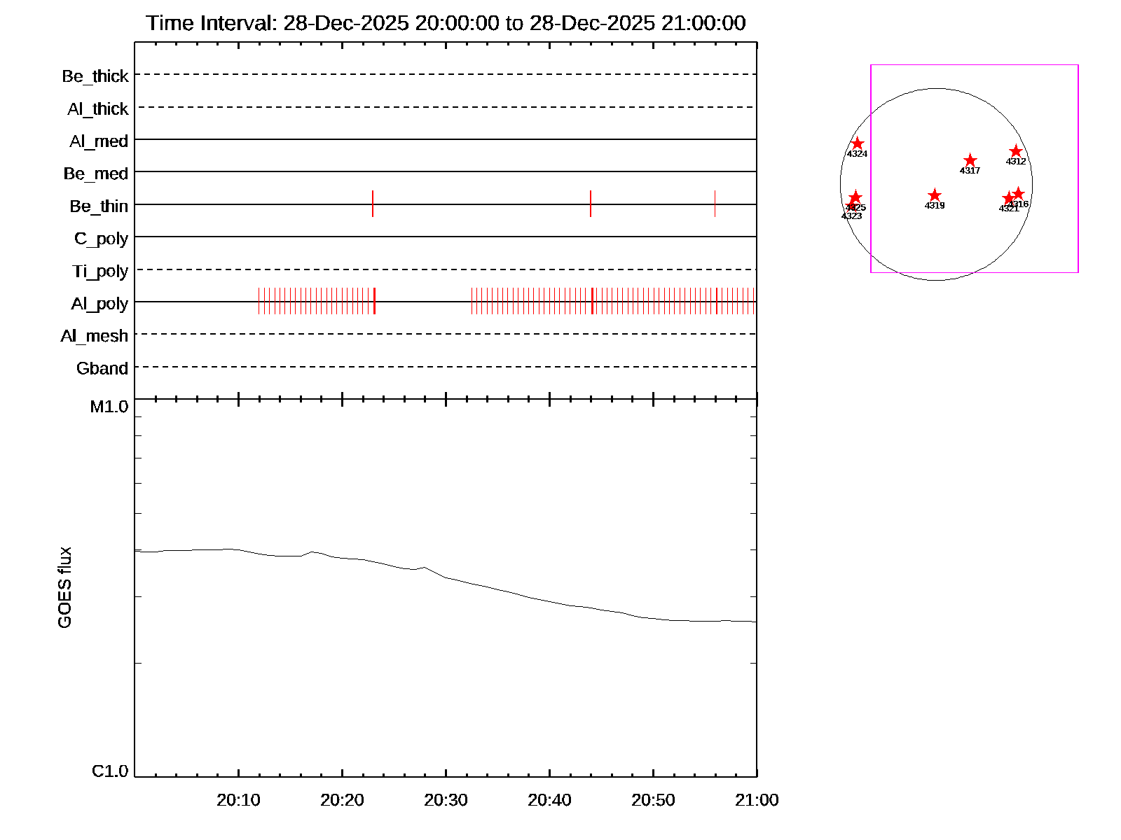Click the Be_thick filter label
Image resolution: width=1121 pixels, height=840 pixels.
pos(95,76)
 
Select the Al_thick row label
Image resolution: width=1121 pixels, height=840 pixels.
pos(97,108)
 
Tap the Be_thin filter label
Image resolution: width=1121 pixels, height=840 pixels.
pos(99,206)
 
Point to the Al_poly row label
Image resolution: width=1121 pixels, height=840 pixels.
pos(99,303)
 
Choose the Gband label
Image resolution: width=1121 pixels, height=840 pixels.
pos(102,368)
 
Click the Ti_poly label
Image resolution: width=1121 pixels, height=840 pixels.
pos(100,271)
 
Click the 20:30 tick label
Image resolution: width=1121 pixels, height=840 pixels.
pos(446,800)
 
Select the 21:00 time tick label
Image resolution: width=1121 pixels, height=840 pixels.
pos(757,800)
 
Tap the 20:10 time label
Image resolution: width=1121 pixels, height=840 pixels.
pos(238,800)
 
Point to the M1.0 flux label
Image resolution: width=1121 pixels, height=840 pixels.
pos(109,407)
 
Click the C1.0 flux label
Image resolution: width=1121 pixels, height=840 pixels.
pos(110,771)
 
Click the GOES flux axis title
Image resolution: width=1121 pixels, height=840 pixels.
pos(64,587)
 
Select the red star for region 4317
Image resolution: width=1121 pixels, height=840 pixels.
pos(970,161)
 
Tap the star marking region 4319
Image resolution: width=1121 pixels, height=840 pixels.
pos(934,195)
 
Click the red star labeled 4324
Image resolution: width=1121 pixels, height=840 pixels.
pos(857,143)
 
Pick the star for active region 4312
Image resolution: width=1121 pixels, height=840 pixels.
pos(1016,151)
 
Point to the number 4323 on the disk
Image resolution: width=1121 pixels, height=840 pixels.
pos(851,216)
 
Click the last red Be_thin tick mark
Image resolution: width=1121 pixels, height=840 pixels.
pos(715,204)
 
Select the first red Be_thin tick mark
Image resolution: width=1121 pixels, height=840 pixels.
pos(373,204)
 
